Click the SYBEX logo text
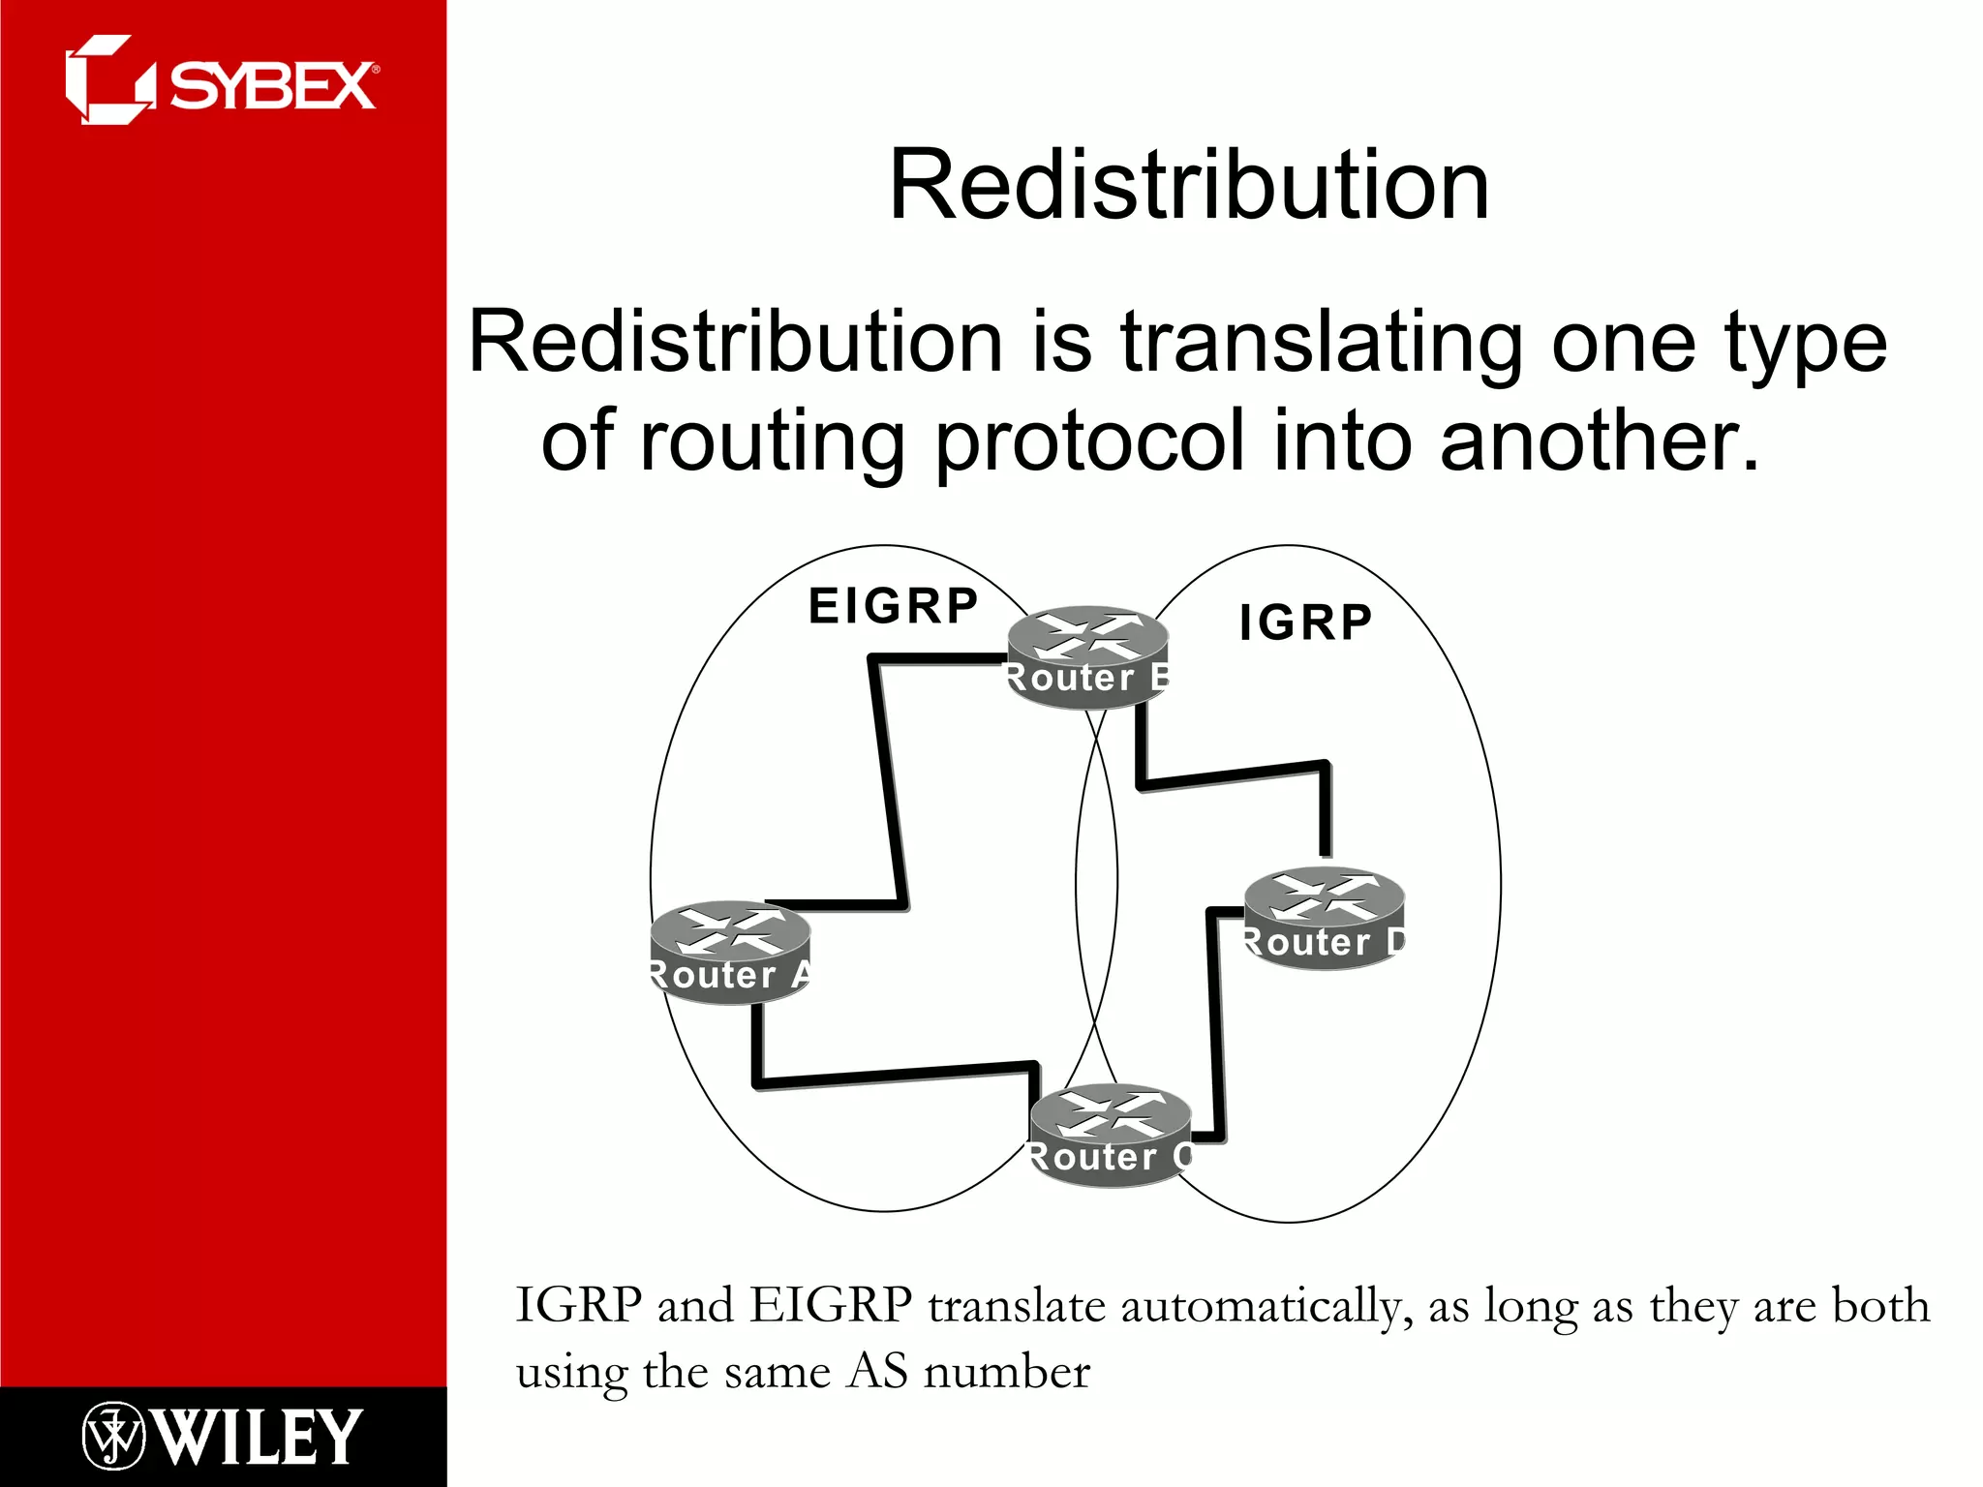(x=273, y=87)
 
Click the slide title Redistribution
(x=1188, y=185)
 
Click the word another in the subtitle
(x=1598, y=440)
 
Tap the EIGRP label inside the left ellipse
(x=893, y=607)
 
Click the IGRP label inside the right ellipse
(x=1305, y=622)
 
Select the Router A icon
(x=730, y=952)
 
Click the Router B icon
(x=1087, y=656)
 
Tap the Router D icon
(x=1324, y=918)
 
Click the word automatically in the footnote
(x=1259, y=1307)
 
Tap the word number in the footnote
(x=1007, y=1373)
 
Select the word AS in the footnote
(x=877, y=1373)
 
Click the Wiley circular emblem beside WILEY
(x=113, y=1437)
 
